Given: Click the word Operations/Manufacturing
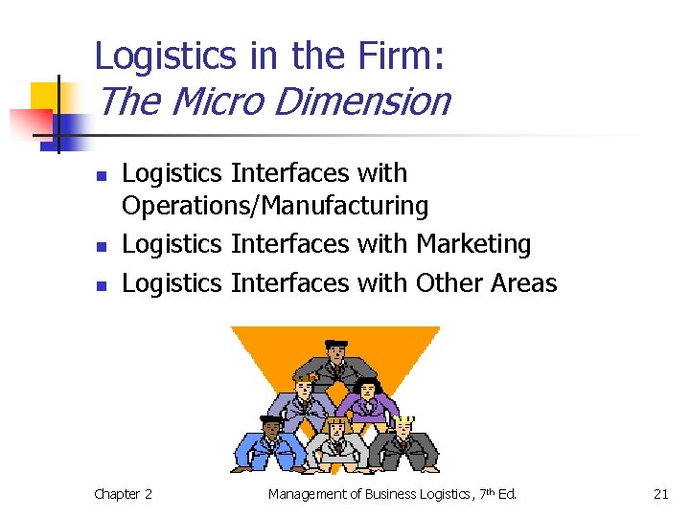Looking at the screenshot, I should (x=275, y=205).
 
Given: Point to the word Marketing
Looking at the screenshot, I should (x=473, y=244).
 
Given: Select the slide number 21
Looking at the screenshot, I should (x=660, y=494).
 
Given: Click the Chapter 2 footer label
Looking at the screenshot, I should (x=123, y=494).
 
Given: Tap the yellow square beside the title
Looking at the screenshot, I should (x=45, y=97).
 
